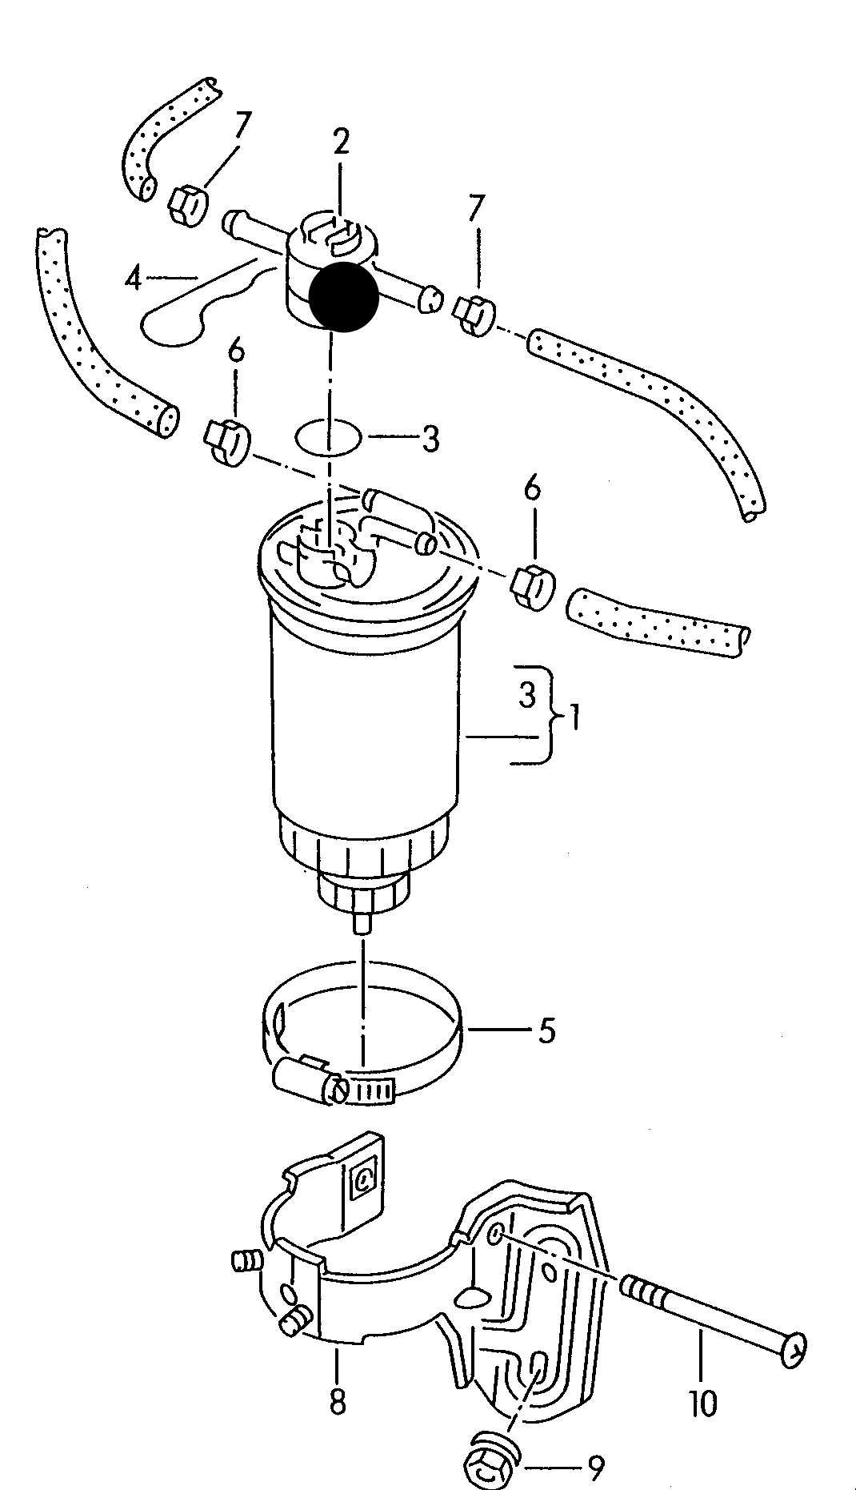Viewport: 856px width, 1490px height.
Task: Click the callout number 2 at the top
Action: pyautogui.click(x=342, y=143)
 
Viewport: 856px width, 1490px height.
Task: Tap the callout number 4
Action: pyautogui.click(x=134, y=279)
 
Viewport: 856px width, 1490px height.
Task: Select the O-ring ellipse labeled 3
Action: pyautogui.click(x=328, y=437)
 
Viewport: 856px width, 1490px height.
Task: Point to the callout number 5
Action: pyautogui.click(x=546, y=1030)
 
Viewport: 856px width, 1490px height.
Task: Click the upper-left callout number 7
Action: pyautogui.click(x=242, y=126)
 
